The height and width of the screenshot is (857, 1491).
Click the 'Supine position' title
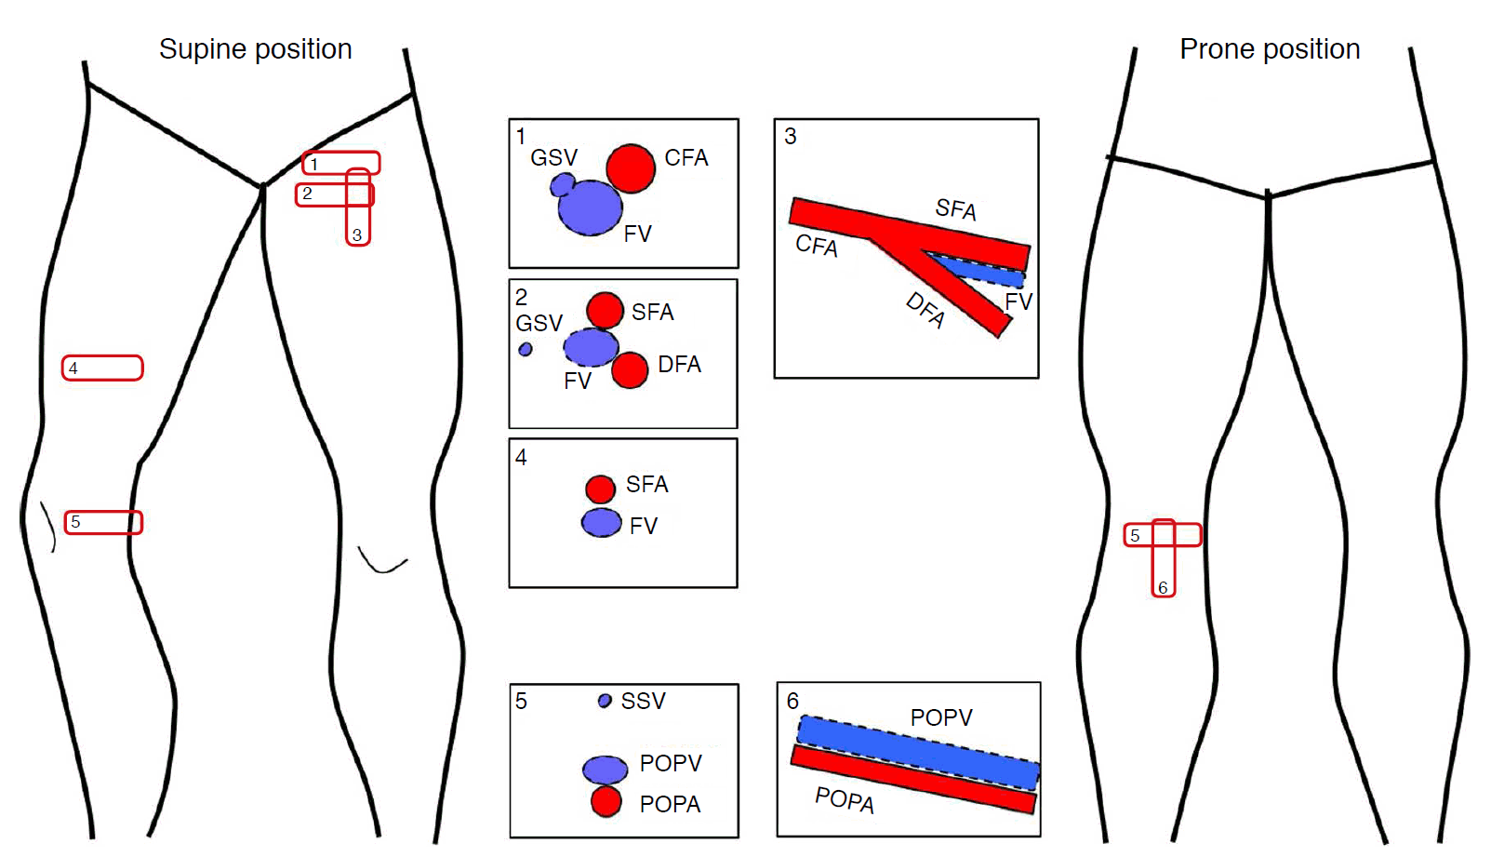pyautogui.click(x=255, y=49)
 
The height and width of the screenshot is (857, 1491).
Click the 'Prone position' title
pyautogui.click(x=1269, y=49)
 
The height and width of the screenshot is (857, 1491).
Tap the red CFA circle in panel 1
pyautogui.click(x=631, y=168)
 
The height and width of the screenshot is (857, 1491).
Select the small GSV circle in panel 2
pyautogui.click(x=526, y=349)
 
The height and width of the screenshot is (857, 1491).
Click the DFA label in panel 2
pyautogui.click(x=679, y=365)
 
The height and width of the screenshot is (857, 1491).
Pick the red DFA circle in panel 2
pyautogui.click(x=630, y=370)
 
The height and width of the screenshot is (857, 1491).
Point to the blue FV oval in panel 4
pyautogui.click(x=601, y=523)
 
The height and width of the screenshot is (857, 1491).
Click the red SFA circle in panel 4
pyautogui.click(x=600, y=489)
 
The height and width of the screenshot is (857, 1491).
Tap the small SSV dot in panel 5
pyautogui.click(x=605, y=701)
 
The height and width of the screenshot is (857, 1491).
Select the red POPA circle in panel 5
pyautogui.click(x=606, y=801)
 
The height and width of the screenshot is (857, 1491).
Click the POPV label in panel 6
pyautogui.click(x=941, y=717)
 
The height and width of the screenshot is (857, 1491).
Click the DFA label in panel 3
pyautogui.click(x=925, y=310)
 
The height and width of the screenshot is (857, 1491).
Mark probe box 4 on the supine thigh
pyautogui.click(x=102, y=368)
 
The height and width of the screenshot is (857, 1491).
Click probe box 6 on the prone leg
pyautogui.click(x=1164, y=558)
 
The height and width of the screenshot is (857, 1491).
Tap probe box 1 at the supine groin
pyautogui.click(x=340, y=163)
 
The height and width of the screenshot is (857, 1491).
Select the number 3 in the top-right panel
pyautogui.click(x=791, y=137)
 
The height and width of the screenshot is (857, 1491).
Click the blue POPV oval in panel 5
pyautogui.click(x=605, y=770)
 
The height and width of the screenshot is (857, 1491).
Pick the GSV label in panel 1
pyautogui.click(x=553, y=158)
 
